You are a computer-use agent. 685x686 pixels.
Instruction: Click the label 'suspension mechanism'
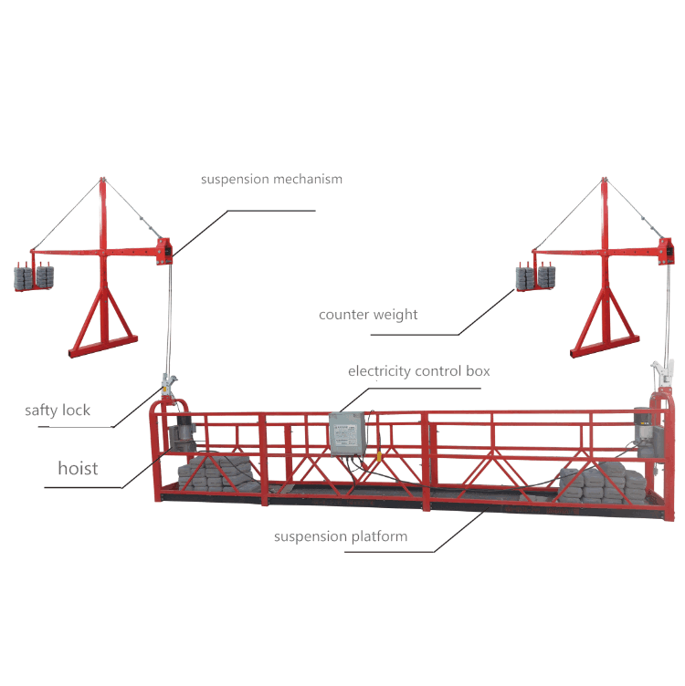pyautogui.click(x=271, y=179)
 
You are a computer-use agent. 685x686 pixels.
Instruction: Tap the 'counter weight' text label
pyautogui.click(x=368, y=315)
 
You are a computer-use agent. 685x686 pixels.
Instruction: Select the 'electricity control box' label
pyautogui.click(x=418, y=371)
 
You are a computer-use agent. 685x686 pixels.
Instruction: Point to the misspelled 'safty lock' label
pyautogui.click(x=58, y=411)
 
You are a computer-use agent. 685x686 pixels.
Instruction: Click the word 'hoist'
pyautogui.click(x=78, y=468)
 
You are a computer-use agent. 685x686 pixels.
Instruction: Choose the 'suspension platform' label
pyautogui.click(x=341, y=536)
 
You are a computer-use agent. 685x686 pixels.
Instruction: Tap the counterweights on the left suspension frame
pyautogui.click(x=32, y=277)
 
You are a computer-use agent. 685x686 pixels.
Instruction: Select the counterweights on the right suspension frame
pyautogui.click(x=536, y=278)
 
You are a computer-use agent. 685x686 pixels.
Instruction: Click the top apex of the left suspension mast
pyautogui.click(x=100, y=180)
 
